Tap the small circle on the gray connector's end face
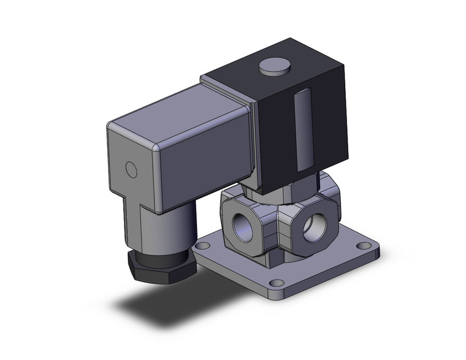click(x=130, y=167)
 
